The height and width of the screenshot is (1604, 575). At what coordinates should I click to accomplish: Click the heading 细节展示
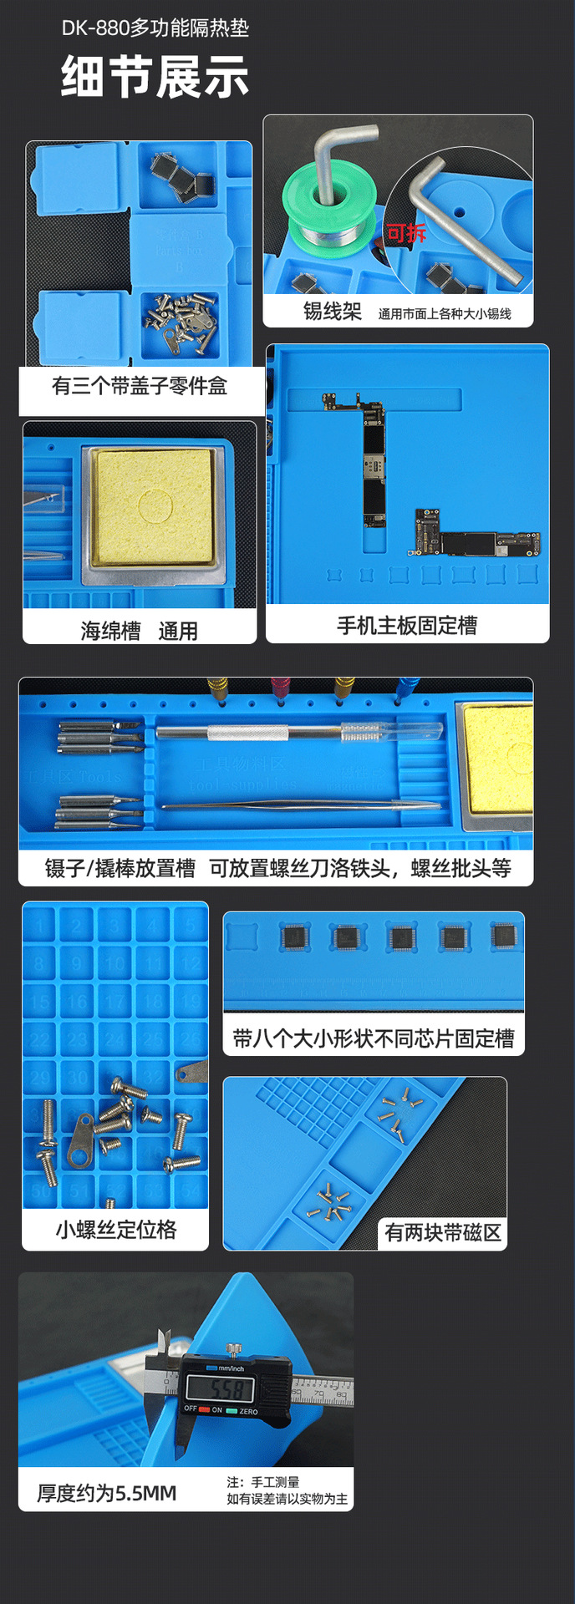tap(155, 77)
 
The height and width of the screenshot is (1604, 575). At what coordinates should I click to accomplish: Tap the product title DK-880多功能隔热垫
tap(155, 28)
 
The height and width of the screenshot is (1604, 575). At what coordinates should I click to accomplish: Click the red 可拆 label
tap(406, 233)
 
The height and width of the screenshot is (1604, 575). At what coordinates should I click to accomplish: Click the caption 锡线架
tap(332, 312)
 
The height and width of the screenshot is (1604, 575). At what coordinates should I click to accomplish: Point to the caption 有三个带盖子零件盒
tap(140, 386)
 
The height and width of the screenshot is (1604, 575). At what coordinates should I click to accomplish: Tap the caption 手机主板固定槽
tap(407, 626)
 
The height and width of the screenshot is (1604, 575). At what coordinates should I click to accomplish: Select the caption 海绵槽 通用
tap(140, 631)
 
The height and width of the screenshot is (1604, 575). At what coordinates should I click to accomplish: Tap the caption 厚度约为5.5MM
tap(107, 1493)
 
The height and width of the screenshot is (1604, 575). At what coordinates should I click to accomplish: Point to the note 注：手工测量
tap(262, 1481)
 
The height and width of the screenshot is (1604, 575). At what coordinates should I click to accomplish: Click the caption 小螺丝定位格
tap(116, 1230)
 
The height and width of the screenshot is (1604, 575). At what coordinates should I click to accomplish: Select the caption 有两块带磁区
tap(443, 1232)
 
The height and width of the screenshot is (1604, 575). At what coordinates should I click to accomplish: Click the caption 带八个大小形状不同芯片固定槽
tap(374, 1038)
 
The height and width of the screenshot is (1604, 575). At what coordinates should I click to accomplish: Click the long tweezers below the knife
tap(301, 806)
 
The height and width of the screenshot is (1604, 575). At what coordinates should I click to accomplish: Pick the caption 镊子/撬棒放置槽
tap(120, 869)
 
